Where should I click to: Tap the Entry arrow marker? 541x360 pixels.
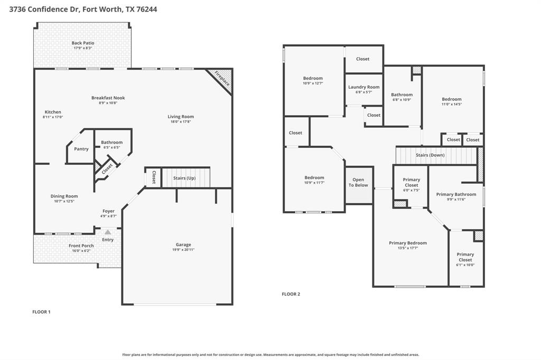click(x=108, y=232)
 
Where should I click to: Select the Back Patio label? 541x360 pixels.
click(x=83, y=43)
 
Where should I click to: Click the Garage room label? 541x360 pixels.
click(x=183, y=244)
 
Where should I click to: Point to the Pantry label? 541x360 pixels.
click(x=81, y=149)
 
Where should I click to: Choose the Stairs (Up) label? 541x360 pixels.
click(x=184, y=178)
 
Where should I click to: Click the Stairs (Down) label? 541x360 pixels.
click(x=430, y=155)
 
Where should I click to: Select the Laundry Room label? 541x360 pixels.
click(x=363, y=87)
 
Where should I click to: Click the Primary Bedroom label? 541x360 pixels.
click(x=408, y=243)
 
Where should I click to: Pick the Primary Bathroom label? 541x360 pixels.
click(x=456, y=194)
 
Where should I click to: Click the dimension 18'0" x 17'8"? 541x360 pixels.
click(x=181, y=122)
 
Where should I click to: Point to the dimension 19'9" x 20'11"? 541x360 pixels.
click(x=183, y=250)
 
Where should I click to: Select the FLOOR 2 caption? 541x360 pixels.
click(x=291, y=294)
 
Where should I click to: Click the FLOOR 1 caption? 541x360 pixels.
click(x=41, y=312)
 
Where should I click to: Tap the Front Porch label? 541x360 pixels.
click(x=81, y=245)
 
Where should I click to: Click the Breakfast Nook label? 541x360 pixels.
click(x=108, y=98)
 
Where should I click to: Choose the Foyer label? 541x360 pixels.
click(x=108, y=211)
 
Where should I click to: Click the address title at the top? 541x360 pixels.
click(x=79, y=9)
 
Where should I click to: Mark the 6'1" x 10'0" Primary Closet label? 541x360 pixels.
click(x=465, y=257)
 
